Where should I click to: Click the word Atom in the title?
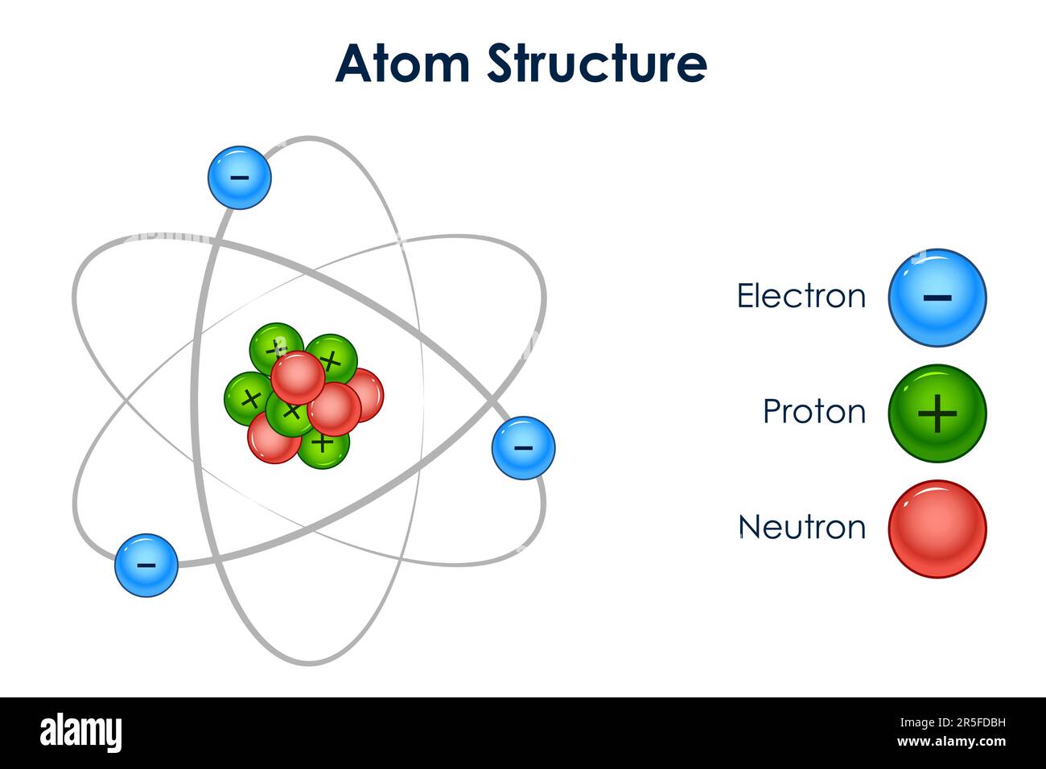pos(402,64)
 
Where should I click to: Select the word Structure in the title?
pos(596,64)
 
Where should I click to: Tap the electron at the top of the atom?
pos(240,178)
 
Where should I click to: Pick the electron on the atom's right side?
pos(523,448)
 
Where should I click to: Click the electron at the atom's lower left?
pos(146,565)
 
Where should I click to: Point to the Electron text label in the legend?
pos(801,296)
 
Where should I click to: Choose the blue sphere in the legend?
pos(937,298)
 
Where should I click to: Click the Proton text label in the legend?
pos(813,412)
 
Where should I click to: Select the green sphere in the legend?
pos(937,413)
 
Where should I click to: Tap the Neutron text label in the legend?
pos(801,528)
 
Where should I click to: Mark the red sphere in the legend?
pos(937,529)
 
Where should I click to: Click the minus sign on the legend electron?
pos(937,298)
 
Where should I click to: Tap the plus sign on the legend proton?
pos(937,414)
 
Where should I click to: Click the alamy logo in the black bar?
pos(80,733)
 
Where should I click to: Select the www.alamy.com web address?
pos(950,742)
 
